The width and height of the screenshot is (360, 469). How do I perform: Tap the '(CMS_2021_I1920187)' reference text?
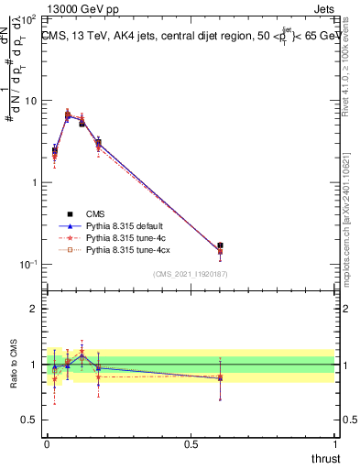tap(190, 275)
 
